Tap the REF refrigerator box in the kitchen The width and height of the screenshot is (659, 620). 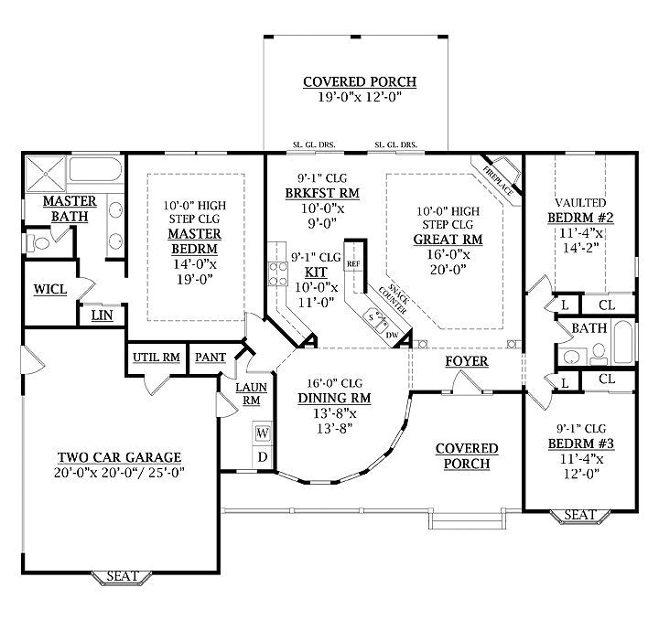tap(353, 263)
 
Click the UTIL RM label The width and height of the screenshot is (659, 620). tap(155, 358)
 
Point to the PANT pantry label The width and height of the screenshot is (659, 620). tap(206, 358)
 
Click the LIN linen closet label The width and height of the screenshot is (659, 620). tap(101, 316)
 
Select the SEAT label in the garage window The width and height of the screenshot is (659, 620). tap(123, 576)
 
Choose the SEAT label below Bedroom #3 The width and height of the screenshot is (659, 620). tap(578, 516)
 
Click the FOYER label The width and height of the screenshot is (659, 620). tap(466, 361)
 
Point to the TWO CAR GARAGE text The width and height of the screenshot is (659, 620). tap(119, 457)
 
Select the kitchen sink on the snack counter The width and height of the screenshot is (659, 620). tap(376, 318)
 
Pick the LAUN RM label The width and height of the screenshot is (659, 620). tap(250, 393)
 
